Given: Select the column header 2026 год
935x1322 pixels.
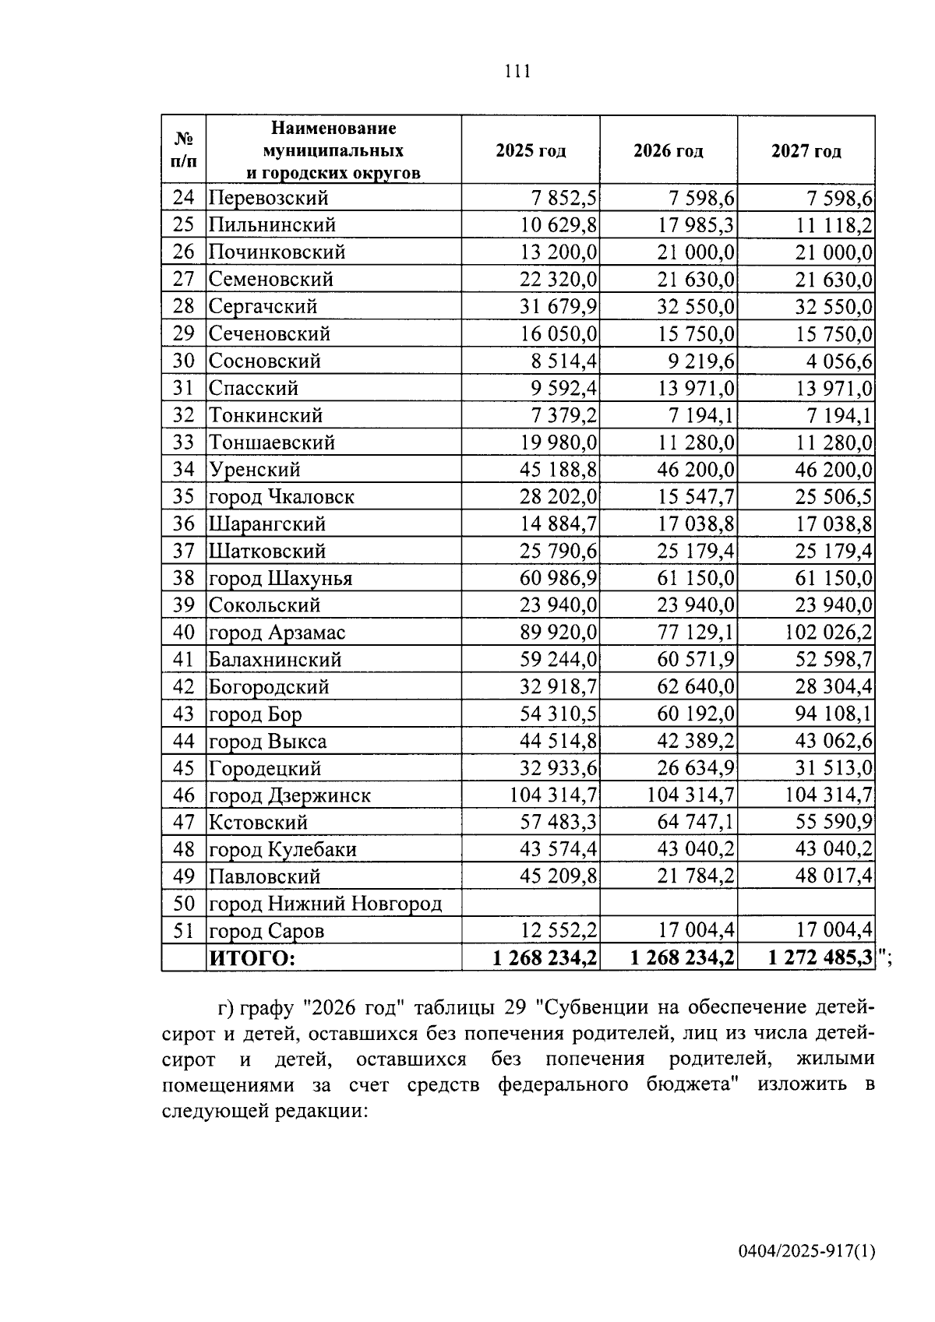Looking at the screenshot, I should tap(668, 151).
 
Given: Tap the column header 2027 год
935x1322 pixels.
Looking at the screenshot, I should tap(806, 151).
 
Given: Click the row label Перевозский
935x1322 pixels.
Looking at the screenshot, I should tap(268, 198).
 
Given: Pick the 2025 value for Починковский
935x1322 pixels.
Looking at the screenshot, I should tap(558, 252).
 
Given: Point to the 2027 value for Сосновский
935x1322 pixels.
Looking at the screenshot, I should tap(833, 361).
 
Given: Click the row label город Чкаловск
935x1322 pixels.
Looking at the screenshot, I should tap(281, 497).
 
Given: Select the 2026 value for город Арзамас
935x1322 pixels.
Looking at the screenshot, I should tap(696, 633).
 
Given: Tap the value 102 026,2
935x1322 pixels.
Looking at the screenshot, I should tap(827, 633).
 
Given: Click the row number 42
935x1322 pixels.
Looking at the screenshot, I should tap(183, 687).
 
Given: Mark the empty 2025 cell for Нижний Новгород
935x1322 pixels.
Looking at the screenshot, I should tap(531, 904).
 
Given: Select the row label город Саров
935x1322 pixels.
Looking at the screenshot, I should tap(266, 931).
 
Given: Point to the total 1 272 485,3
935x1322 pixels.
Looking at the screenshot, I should tap(820, 958).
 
